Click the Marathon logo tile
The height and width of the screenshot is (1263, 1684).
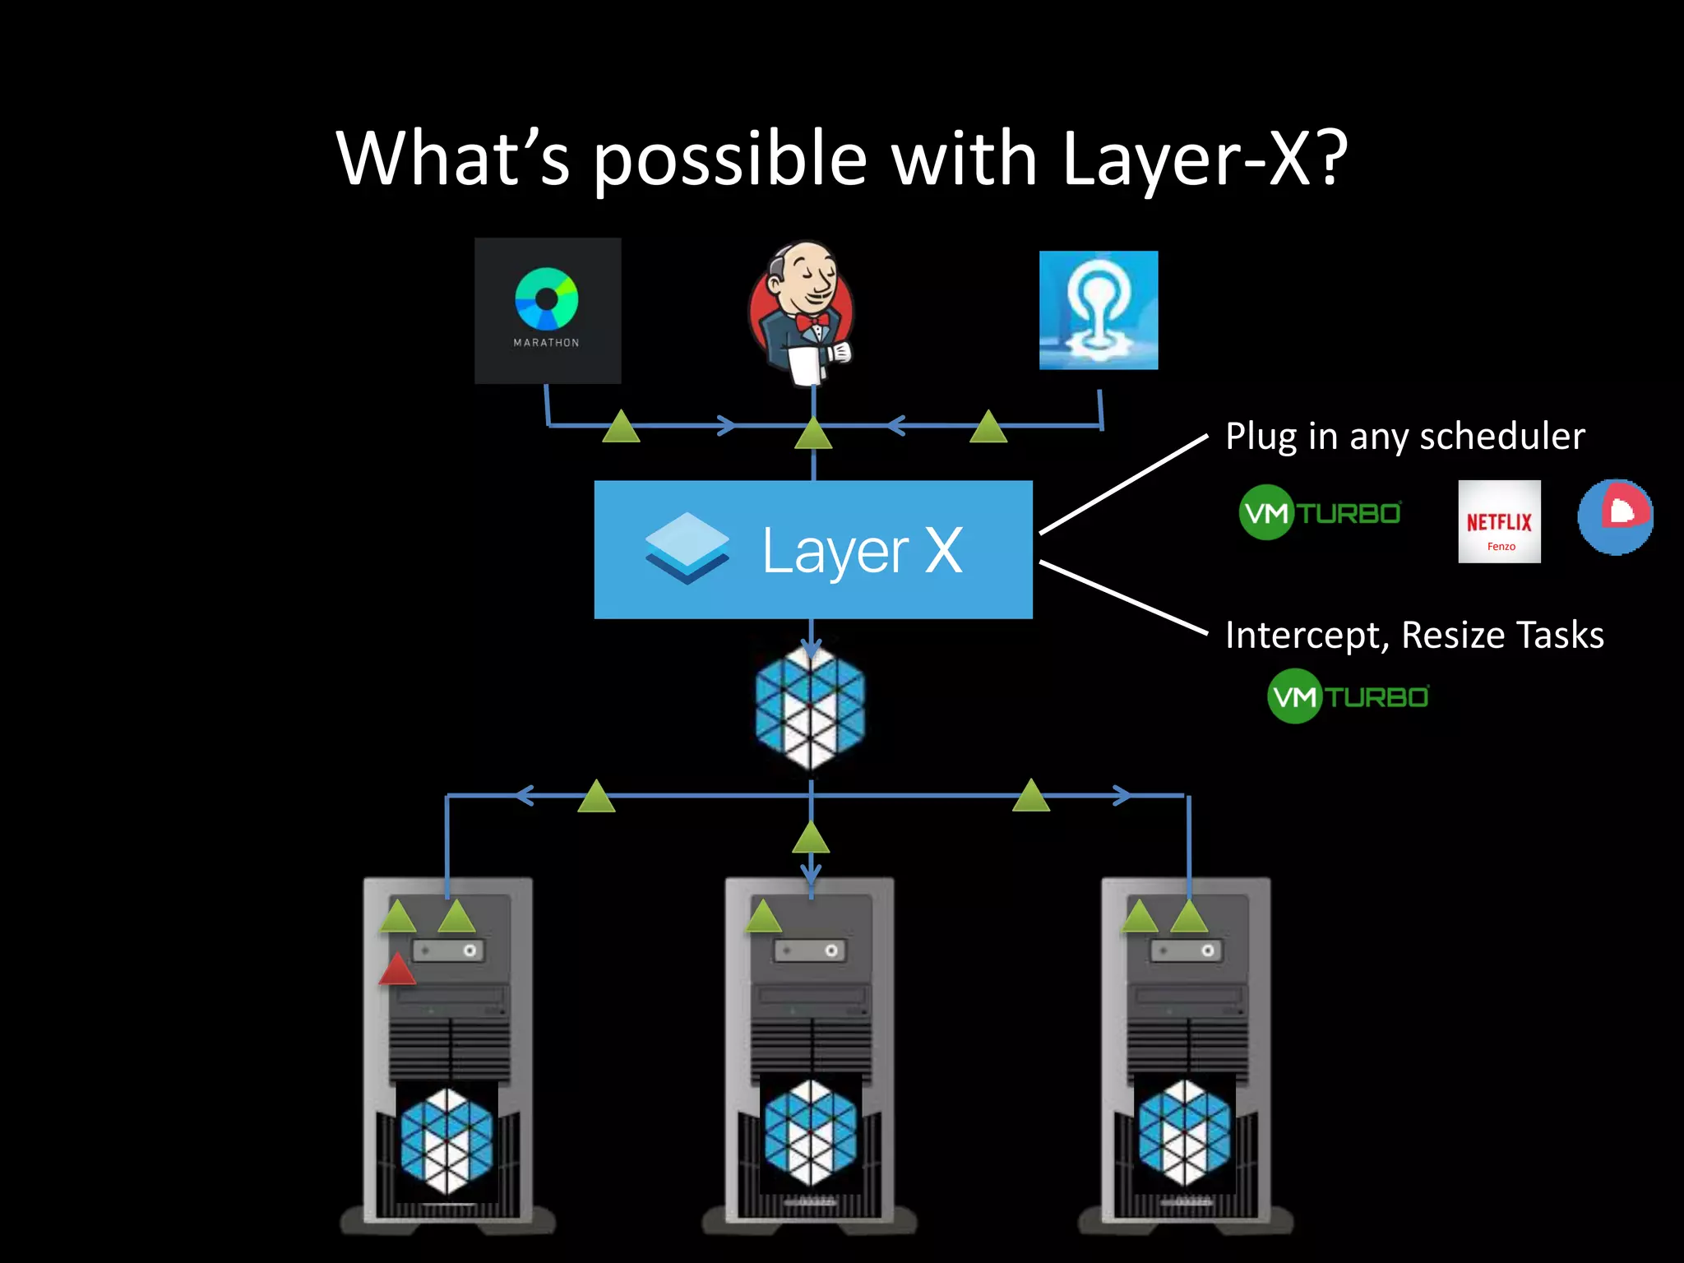coord(548,311)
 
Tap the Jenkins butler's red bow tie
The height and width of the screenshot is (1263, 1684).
coord(812,322)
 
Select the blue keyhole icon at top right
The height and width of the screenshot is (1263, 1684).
coord(1099,310)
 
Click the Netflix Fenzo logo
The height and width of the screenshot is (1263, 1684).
coord(1499,521)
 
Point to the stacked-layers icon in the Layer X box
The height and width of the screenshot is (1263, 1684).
coord(687,548)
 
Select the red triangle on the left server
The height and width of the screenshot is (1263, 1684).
coord(397,970)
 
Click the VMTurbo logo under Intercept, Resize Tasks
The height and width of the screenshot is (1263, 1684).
coord(1349,696)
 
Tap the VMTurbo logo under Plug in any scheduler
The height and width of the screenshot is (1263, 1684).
coord(1320,513)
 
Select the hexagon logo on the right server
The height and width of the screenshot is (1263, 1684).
coord(1184,1133)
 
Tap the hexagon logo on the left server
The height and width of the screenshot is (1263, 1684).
coord(446,1140)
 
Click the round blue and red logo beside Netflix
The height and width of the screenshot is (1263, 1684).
coord(1615,516)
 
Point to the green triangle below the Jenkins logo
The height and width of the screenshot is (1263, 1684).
coord(813,434)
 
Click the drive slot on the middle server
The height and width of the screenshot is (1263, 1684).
coord(810,951)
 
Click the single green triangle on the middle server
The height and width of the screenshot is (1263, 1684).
coord(763,917)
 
